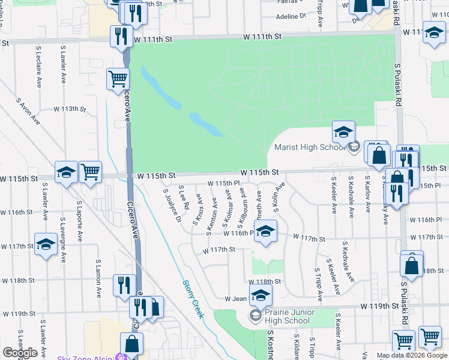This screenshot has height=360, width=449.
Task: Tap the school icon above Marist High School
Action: [344, 132]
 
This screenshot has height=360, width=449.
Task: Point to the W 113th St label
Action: [70, 109]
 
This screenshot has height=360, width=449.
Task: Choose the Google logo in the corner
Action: [20, 352]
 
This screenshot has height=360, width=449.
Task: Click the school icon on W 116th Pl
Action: [265, 231]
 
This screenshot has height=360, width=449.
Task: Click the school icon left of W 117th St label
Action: [46, 244]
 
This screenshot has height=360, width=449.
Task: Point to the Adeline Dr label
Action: [291, 17]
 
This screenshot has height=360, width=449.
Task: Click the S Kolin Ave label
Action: [277, 196]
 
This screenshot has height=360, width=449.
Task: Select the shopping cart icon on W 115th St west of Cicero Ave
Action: [90, 172]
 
